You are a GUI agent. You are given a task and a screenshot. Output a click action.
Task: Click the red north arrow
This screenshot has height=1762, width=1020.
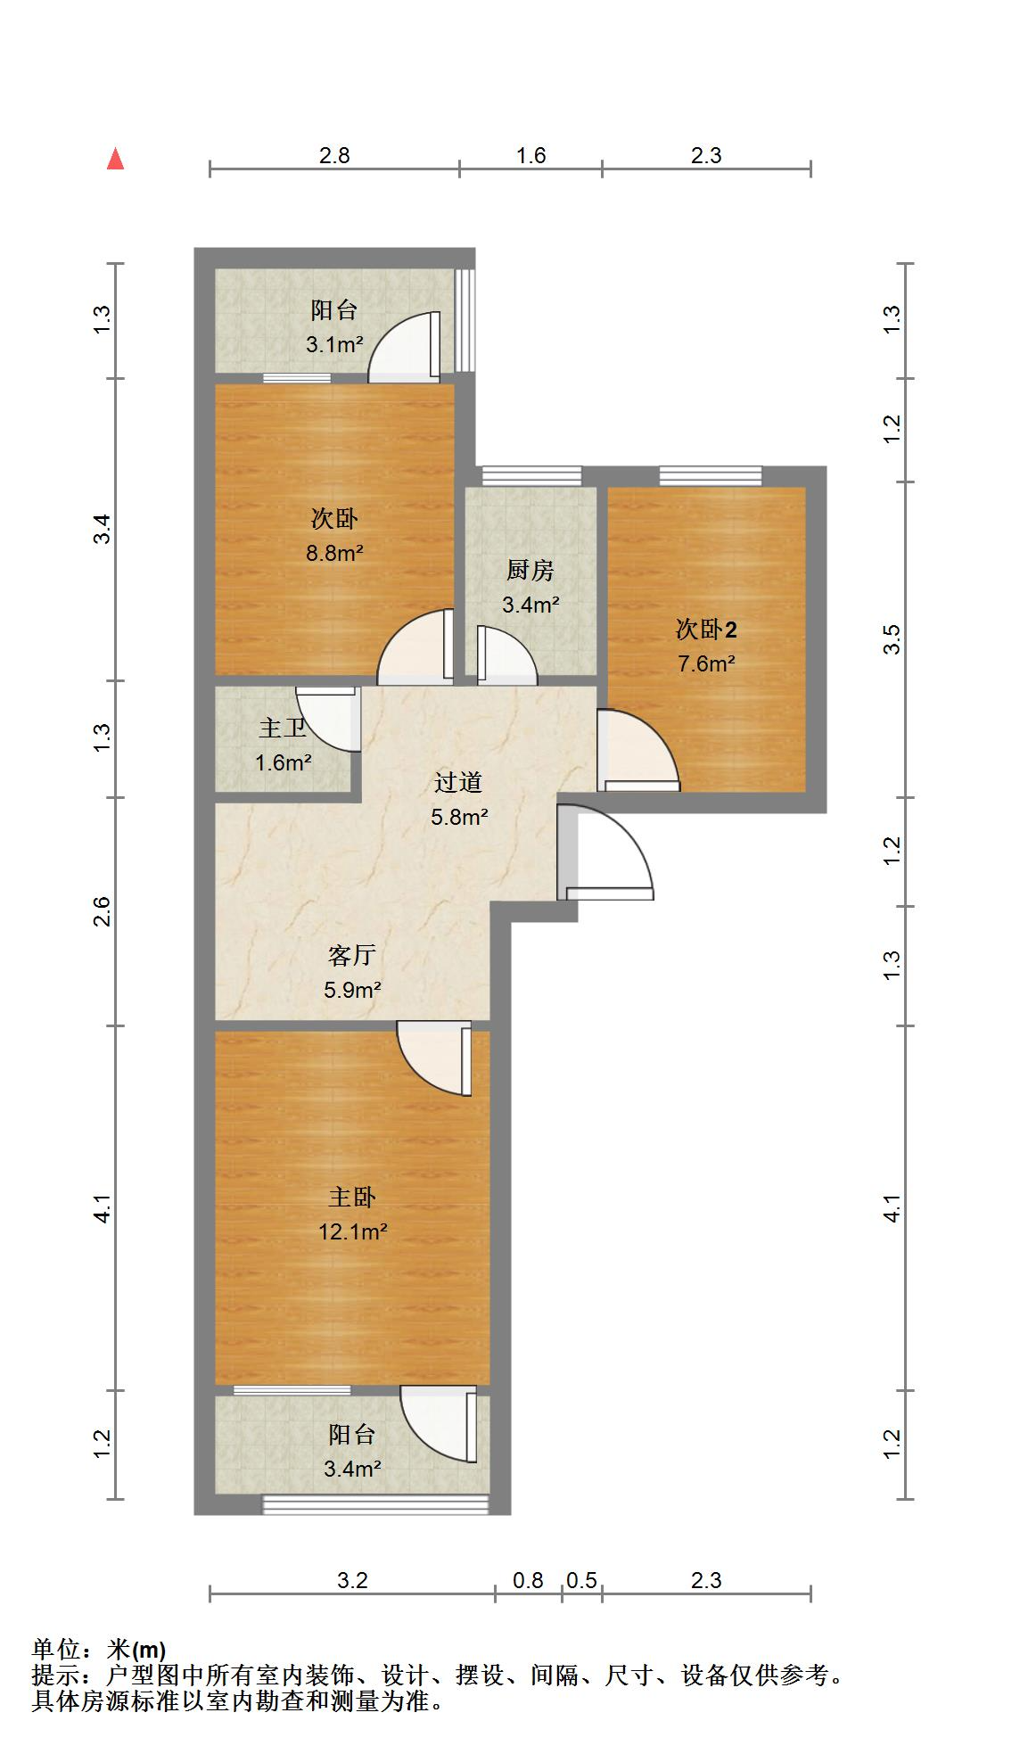coord(115,159)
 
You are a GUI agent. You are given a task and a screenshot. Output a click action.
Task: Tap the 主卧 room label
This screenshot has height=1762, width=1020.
coord(352,1197)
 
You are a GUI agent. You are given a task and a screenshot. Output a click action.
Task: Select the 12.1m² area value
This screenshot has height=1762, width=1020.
coord(353,1231)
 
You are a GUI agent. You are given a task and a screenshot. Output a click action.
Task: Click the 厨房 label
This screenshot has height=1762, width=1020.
coord(531,570)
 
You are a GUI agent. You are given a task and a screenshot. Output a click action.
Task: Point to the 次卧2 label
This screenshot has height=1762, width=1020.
coord(706,630)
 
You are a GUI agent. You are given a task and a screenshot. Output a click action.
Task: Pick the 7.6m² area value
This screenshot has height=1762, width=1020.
coord(706,663)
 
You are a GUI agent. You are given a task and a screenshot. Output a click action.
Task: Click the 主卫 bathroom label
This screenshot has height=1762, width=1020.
coord(283,729)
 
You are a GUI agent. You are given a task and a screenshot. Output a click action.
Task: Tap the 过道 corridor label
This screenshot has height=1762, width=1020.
coord(458,783)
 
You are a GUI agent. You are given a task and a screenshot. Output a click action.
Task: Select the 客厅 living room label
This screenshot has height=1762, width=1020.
coord(352,956)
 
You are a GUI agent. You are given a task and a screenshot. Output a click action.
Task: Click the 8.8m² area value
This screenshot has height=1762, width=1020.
coord(335,553)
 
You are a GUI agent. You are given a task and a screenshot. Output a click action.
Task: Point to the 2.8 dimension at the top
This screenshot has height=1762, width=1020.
coord(334,155)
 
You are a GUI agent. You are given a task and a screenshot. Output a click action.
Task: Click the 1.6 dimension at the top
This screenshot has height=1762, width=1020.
coord(531,155)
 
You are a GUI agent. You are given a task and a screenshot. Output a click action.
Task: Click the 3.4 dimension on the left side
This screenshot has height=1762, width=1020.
coord(103,530)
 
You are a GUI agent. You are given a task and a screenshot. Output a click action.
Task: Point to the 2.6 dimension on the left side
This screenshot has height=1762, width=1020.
coord(103,911)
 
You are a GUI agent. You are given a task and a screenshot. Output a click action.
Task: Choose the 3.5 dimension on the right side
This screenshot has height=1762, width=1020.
coord(892,640)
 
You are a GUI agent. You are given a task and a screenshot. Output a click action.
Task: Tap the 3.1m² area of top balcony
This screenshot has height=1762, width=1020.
coord(335,344)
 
